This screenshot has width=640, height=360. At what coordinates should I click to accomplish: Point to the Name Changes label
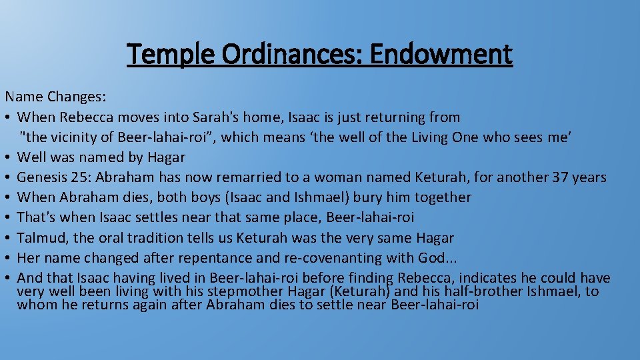55,97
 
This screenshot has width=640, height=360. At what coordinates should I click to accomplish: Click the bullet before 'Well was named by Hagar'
8,158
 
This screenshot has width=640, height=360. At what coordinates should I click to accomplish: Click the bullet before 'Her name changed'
8,258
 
